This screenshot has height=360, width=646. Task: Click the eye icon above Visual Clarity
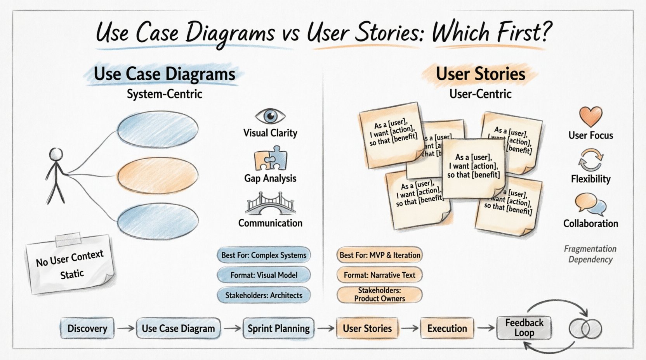tap(270, 116)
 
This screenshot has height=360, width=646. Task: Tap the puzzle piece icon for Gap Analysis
tap(271, 159)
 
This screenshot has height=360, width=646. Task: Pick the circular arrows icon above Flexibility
tap(590, 160)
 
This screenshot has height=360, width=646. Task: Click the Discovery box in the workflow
tap(87, 328)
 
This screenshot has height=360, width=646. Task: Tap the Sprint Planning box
tap(278, 328)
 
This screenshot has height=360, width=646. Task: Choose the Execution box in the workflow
tap(447, 328)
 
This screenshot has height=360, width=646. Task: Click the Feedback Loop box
tap(524, 328)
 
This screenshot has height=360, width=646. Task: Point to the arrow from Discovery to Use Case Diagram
tap(125, 328)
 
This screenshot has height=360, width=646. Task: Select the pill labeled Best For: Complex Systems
tap(264, 255)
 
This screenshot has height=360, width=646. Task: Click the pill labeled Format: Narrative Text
tap(379, 275)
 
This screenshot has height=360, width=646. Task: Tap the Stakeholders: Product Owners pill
tap(379, 294)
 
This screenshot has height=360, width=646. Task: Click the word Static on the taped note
tap(72, 274)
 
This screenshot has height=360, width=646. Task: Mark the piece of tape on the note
tap(68, 239)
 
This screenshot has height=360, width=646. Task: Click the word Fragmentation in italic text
tap(590, 249)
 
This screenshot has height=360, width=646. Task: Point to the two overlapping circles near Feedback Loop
tap(585, 329)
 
